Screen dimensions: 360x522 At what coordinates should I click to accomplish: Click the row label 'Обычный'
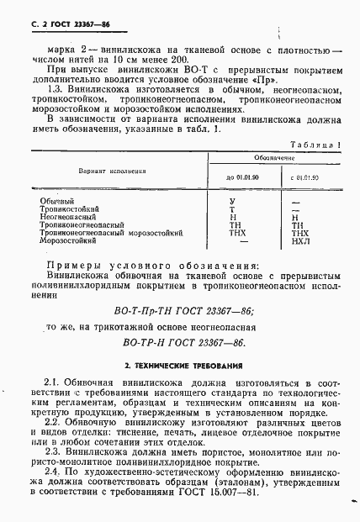point(57,202)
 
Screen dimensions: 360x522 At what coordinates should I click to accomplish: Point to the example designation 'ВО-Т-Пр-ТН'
point(154,310)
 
